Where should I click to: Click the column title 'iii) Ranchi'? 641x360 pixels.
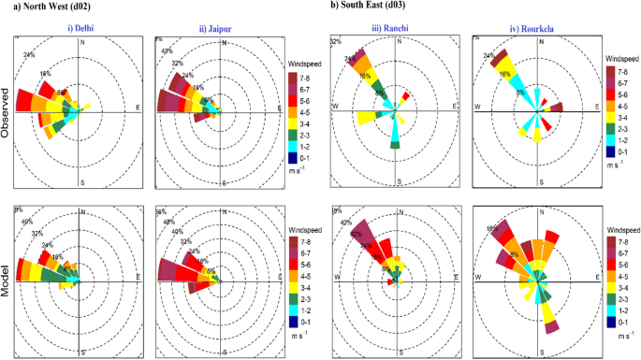pyautogui.click(x=386, y=27)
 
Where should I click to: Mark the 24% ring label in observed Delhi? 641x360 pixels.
pyautogui.click(x=30, y=54)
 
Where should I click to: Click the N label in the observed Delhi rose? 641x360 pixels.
pyautogui.click(x=82, y=42)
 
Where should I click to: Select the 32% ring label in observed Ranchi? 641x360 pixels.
pyautogui.click(x=336, y=42)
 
